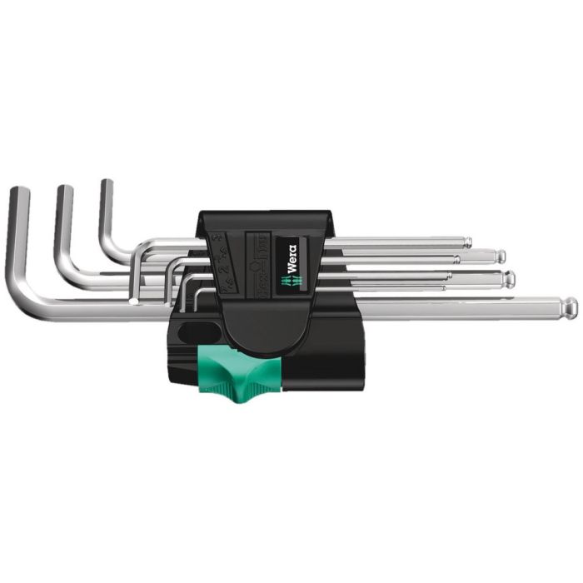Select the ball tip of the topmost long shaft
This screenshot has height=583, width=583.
[x=468, y=243]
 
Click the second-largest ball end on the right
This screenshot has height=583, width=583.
[x=510, y=279]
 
